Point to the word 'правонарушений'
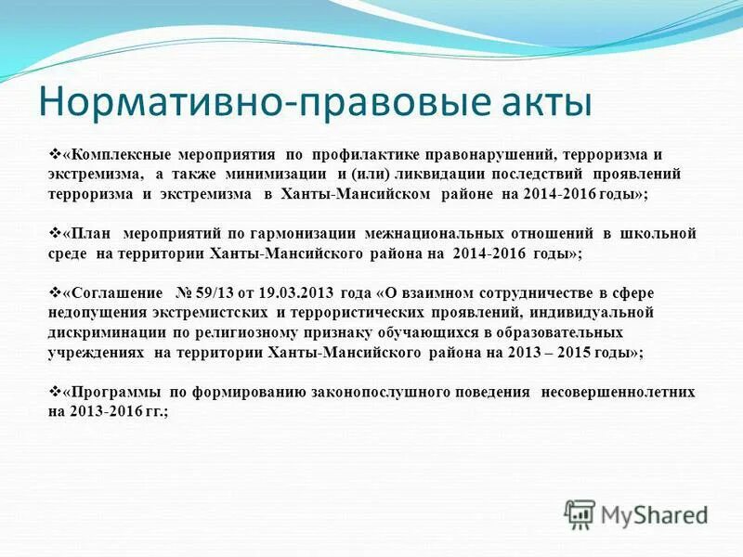pos(493,154)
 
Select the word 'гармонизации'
pos(280,233)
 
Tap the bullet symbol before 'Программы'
pos(53,391)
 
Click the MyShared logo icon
pos(580,513)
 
